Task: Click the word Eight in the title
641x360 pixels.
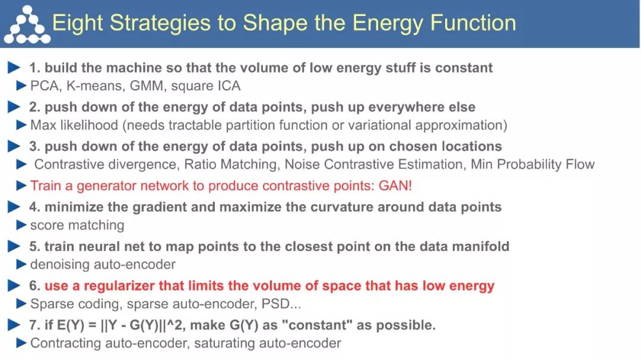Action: point(78,23)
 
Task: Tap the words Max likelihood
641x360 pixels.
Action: point(74,125)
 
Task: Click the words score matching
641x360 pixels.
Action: point(77,225)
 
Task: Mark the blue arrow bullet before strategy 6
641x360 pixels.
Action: point(14,286)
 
